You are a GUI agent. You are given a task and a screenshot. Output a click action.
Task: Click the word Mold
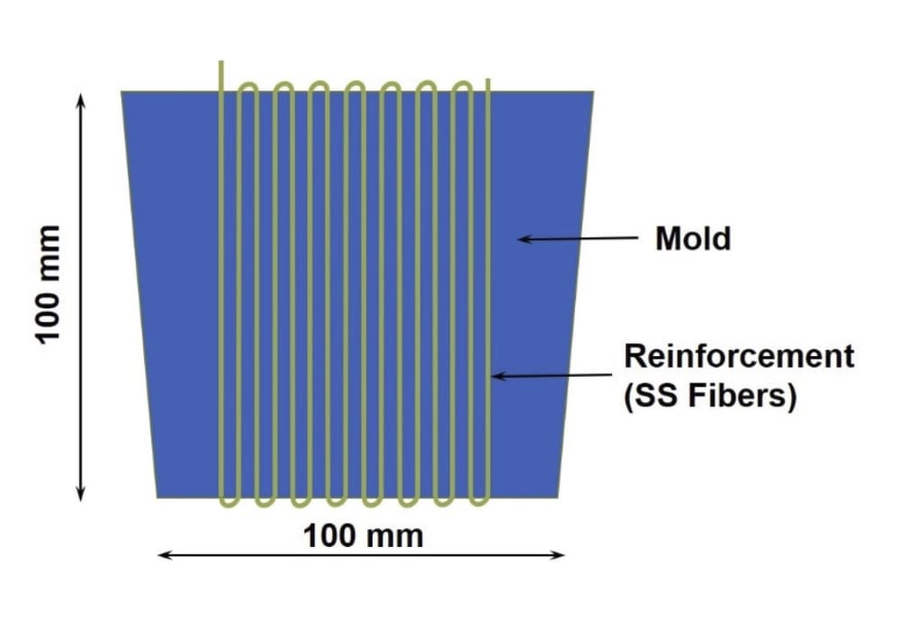pyautogui.click(x=692, y=239)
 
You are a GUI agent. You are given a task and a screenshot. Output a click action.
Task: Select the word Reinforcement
pyautogui.click(x=738, y=356)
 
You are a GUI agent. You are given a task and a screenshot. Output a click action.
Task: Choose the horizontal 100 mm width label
pyautogui.click(x=363, y=537)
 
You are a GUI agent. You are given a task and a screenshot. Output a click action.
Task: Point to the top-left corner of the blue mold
pyautogui.click(x=122, y=92)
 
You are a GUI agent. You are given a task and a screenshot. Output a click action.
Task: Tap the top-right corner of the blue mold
pyautogui.click(x=593, y=92)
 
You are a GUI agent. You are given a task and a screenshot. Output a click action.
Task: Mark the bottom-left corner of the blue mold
pyautogui.click(x=157, y=496)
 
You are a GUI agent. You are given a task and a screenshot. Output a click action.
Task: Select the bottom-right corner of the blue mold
pyautogui.click(x=559, y=496)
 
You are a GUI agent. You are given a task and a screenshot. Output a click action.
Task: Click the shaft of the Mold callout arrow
pyautogui.click(x=585, y=239)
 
